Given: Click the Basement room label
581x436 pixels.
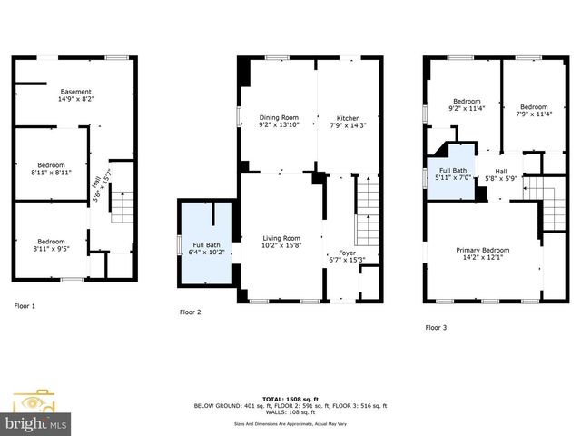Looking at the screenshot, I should (x=76, y=94).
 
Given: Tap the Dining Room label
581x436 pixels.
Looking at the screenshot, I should (x=278, y=122).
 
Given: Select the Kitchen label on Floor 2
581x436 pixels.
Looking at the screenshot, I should (x=349, y=122).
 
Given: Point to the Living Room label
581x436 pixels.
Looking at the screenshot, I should (x=280, y=240).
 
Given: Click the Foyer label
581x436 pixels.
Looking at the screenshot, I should (x=349, y=256).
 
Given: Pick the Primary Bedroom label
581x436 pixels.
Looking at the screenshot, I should (x=482, y=253).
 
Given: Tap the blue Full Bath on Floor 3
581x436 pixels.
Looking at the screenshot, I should (x=453, y=173).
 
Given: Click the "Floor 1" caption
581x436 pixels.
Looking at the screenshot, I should (x=25, y=306).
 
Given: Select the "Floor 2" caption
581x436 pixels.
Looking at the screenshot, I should (x=191, y=312).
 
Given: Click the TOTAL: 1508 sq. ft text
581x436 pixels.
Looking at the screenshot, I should (x=290, y=399).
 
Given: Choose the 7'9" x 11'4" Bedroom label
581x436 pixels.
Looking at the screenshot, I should (x=535, y=110).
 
